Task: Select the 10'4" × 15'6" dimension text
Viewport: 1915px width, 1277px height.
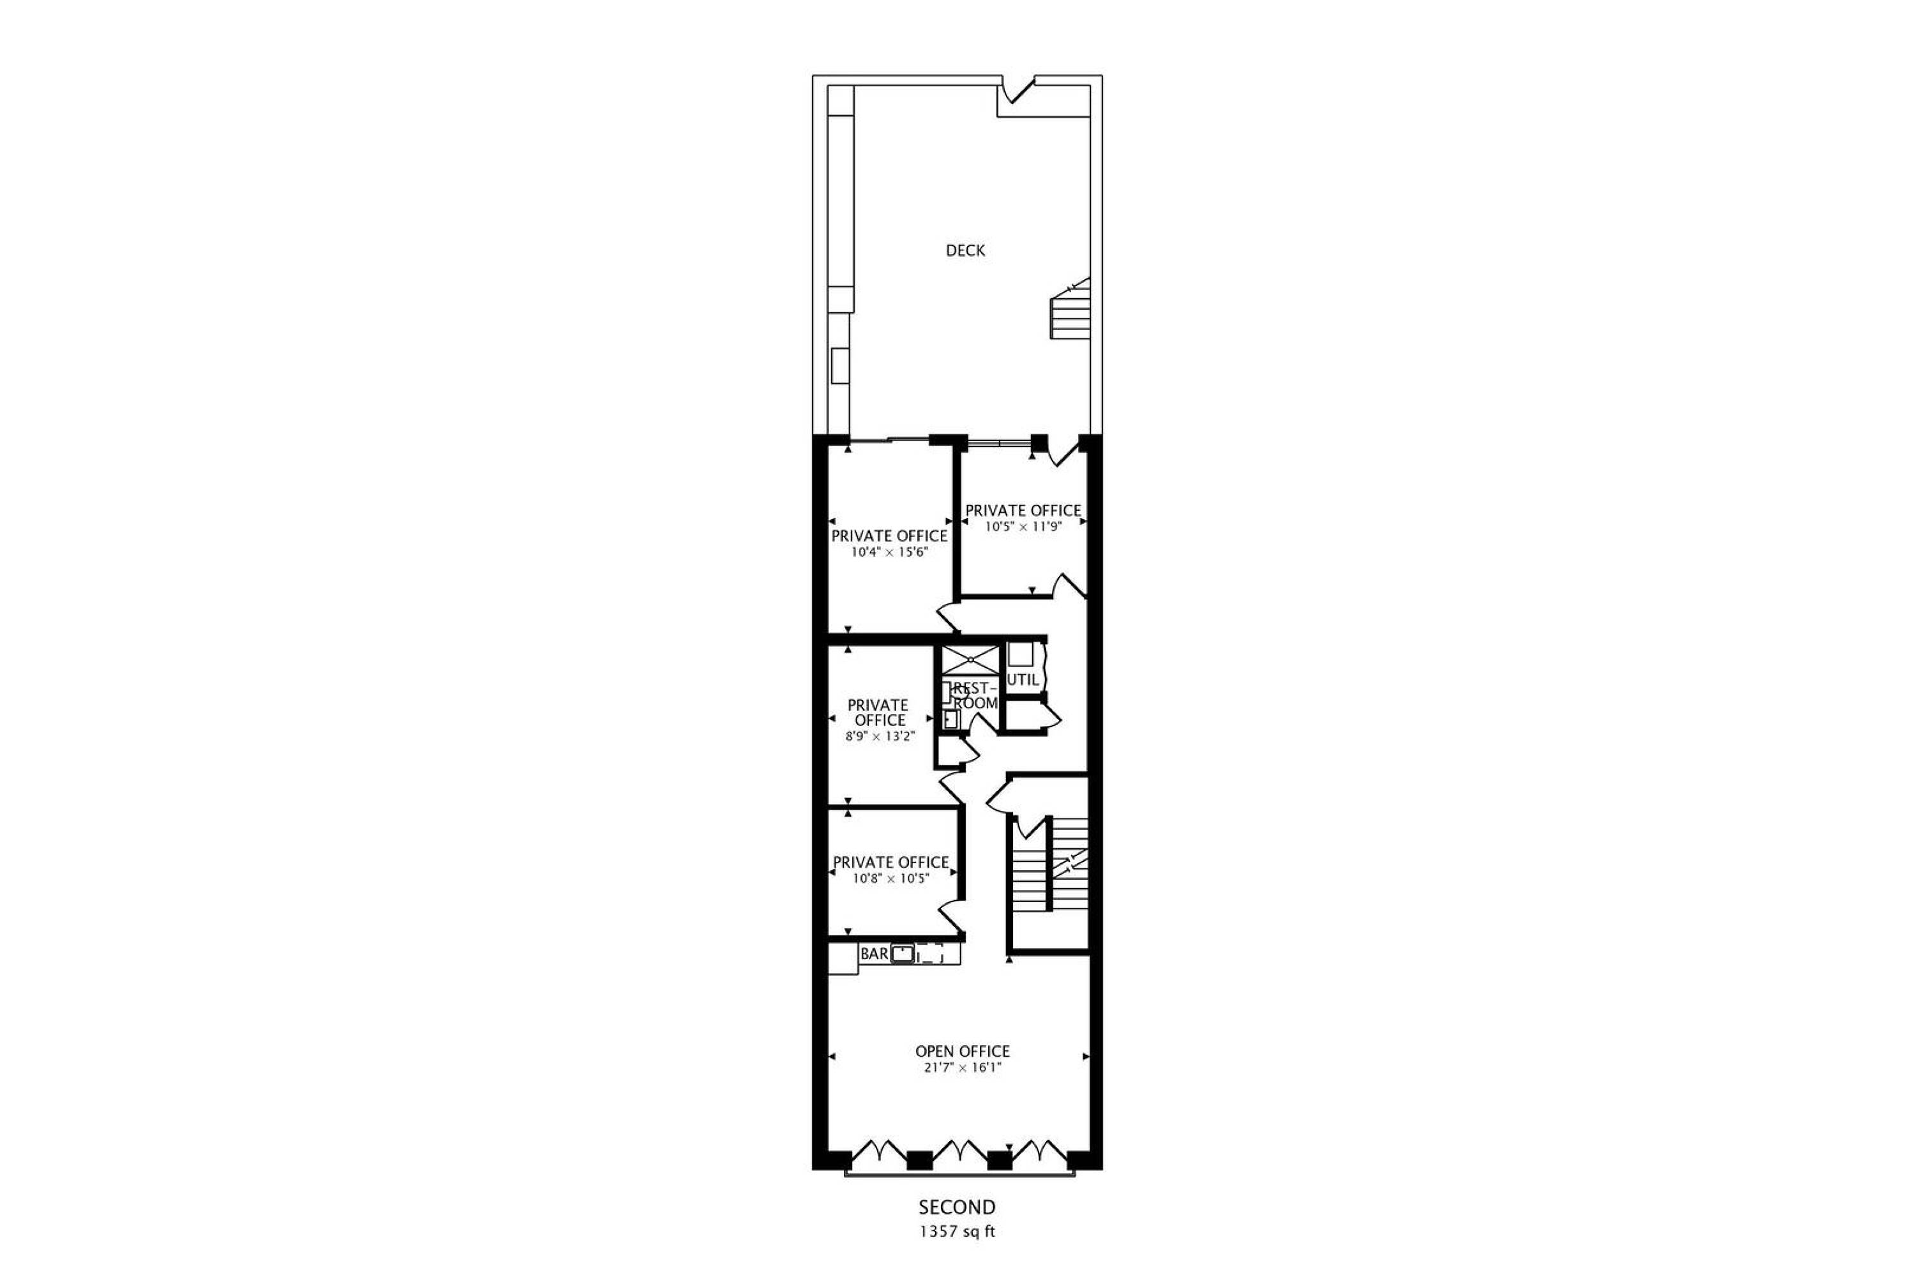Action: point(890,552)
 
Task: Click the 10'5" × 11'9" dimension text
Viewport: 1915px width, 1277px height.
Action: point(1023,526)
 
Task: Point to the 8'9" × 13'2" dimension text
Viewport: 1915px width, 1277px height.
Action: point(880,736)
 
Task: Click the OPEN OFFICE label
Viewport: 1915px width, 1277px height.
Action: point(963,1052)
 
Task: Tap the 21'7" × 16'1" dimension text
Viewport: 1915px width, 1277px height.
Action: point(963,1068)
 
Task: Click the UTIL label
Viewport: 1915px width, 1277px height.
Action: point(1023,679)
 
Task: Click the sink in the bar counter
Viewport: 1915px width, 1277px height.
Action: point(902,954)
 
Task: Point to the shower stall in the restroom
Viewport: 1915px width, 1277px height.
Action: point(970,660)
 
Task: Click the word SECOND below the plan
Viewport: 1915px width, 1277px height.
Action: point(957,1207)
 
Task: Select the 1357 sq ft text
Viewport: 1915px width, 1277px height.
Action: point(957,1232)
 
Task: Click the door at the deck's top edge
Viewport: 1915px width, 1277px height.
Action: point(1017,89)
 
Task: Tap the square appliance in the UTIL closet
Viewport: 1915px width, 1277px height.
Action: point(1020,655)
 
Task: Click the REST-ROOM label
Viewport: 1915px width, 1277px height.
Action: point(975,695)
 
